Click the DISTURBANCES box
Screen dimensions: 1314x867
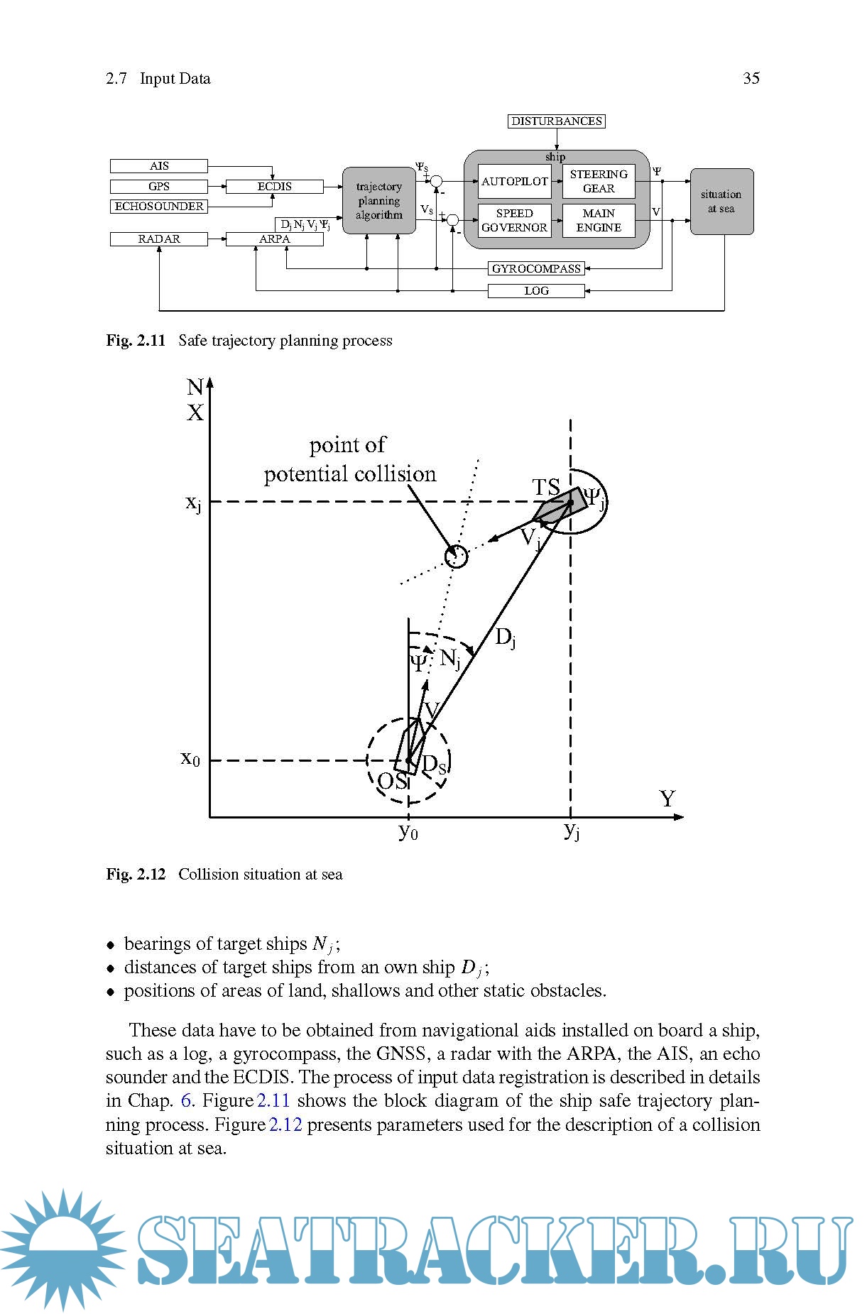point(557,121)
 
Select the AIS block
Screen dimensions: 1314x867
point(159,166)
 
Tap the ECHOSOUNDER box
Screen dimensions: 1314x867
point(159,207)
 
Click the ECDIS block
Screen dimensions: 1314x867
point(274,187)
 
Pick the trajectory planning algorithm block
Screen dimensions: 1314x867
point(379,201)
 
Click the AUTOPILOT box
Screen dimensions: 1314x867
point(515,182)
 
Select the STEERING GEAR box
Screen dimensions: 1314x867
point(599,182)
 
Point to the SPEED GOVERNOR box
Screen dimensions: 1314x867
point(515,221)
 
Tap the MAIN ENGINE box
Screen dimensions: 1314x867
point(599,221)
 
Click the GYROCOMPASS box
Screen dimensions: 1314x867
point(536,269)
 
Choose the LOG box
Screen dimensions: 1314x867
point(536,291)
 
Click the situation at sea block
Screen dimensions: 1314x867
point(721,202)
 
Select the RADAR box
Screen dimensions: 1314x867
point(159,239)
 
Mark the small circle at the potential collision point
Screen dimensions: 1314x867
point(456,556)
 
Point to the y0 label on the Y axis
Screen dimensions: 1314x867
point(408,831)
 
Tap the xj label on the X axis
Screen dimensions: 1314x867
point(194,503)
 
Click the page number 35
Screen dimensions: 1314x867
point(751,79)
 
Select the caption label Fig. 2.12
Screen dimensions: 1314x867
point(136,875)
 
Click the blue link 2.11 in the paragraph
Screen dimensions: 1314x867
point(274,1101)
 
